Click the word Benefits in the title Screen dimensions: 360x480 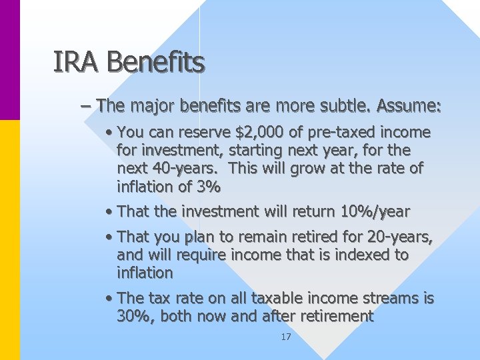[x=155, y=63]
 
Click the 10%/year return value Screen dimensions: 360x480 [x=375, y=212]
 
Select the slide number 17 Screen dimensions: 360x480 [x=286, y=337]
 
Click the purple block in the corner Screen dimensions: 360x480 [x=10, y=60]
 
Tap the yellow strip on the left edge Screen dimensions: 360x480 [x=10, y=240]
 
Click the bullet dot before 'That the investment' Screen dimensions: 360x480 [x=109, y=213]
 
